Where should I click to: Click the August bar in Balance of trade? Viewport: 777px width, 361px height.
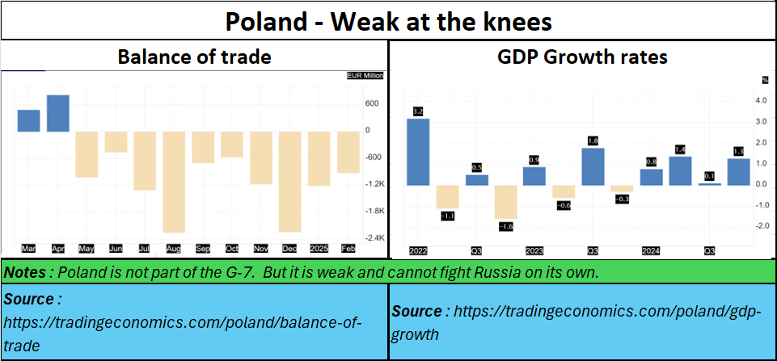click(x=174, y=182)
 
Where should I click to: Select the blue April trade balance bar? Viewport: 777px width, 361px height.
click(x=58, y=113)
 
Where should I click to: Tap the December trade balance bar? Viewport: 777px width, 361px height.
click(x=290, y=182)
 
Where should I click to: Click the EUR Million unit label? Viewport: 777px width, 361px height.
click(x=365, y=76)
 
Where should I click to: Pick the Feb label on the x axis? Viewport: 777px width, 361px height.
click(x=348, y=249)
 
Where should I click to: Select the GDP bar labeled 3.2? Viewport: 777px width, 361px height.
click(x=418, y=152)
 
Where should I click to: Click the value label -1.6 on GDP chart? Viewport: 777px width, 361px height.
click(x=505, y=228)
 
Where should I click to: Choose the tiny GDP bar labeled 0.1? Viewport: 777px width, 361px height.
click(x=709, y=184)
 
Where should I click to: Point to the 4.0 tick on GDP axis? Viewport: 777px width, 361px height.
click(x=761, y=101)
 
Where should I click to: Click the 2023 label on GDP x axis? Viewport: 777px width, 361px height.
click(x=534, y=250)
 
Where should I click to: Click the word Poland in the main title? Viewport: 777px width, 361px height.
click(x=263, y=21)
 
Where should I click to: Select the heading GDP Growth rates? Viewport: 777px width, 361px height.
click(x=581, y=57)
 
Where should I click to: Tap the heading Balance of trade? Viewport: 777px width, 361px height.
click(x=194, y=57)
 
